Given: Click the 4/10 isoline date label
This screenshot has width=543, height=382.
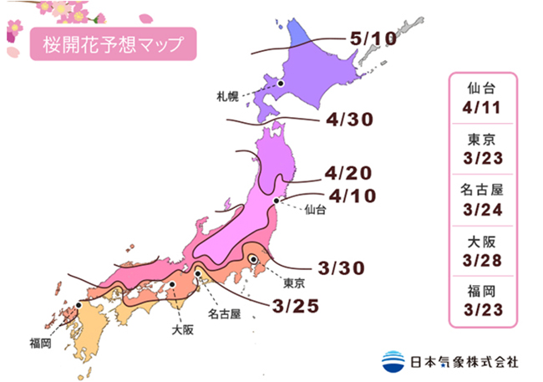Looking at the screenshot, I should (x=351, y=197).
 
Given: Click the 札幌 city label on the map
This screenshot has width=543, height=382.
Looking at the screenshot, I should (x=227, y=96).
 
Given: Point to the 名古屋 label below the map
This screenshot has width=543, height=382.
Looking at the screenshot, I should (x=225, y=314).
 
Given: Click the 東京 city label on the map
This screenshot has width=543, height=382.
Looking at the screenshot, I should (x=294, y=282).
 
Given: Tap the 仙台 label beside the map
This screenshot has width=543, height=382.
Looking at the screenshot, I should (x=315, y=210).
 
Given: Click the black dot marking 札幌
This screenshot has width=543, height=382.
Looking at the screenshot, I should (x=282, y=83).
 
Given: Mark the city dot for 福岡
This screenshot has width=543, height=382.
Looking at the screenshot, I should (x=79, y=305).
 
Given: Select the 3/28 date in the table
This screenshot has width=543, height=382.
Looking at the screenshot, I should (x=484, y=253).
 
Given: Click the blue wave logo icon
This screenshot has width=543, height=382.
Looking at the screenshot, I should (x=393, y=361).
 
